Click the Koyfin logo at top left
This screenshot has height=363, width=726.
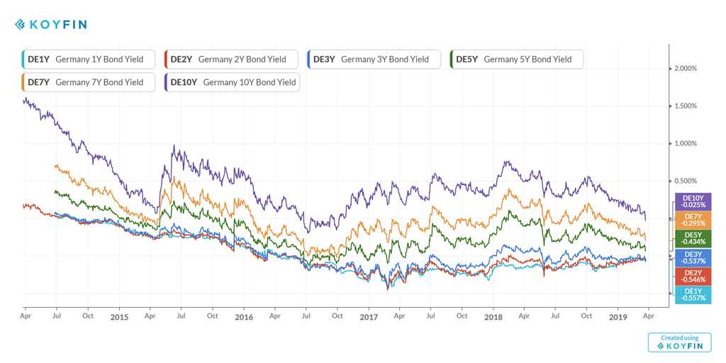click(51, 25)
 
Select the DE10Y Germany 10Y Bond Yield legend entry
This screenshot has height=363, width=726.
click(233, 82)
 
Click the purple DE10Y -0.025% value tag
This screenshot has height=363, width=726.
click(693, 201)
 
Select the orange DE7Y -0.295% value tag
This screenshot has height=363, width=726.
click(693, 220)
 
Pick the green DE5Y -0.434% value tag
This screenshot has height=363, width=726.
click(693, 238)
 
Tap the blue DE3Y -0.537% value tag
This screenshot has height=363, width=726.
click(693, 257)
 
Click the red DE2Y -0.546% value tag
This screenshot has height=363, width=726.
click(693, 276)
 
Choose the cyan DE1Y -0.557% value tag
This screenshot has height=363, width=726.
click(693, 294)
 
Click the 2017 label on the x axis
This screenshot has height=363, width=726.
click(369, 317)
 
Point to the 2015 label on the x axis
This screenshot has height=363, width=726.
click(119, 317)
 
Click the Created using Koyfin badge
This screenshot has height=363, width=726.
click(679, 342)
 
